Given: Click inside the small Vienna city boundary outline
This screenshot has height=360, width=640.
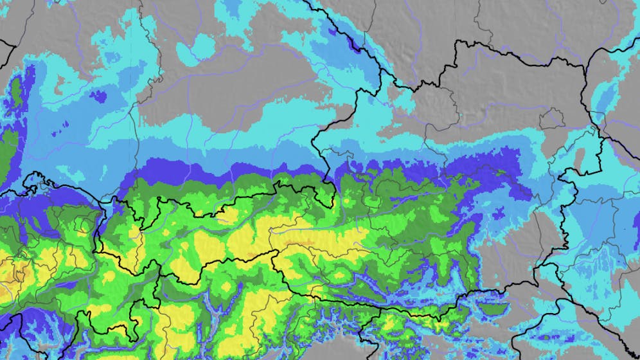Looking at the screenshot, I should [x=551, y=120].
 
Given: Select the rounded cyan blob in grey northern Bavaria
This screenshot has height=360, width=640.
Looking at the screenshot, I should [x=204, y=44].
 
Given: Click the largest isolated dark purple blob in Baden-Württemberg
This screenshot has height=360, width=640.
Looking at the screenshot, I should [x=98, y=96].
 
